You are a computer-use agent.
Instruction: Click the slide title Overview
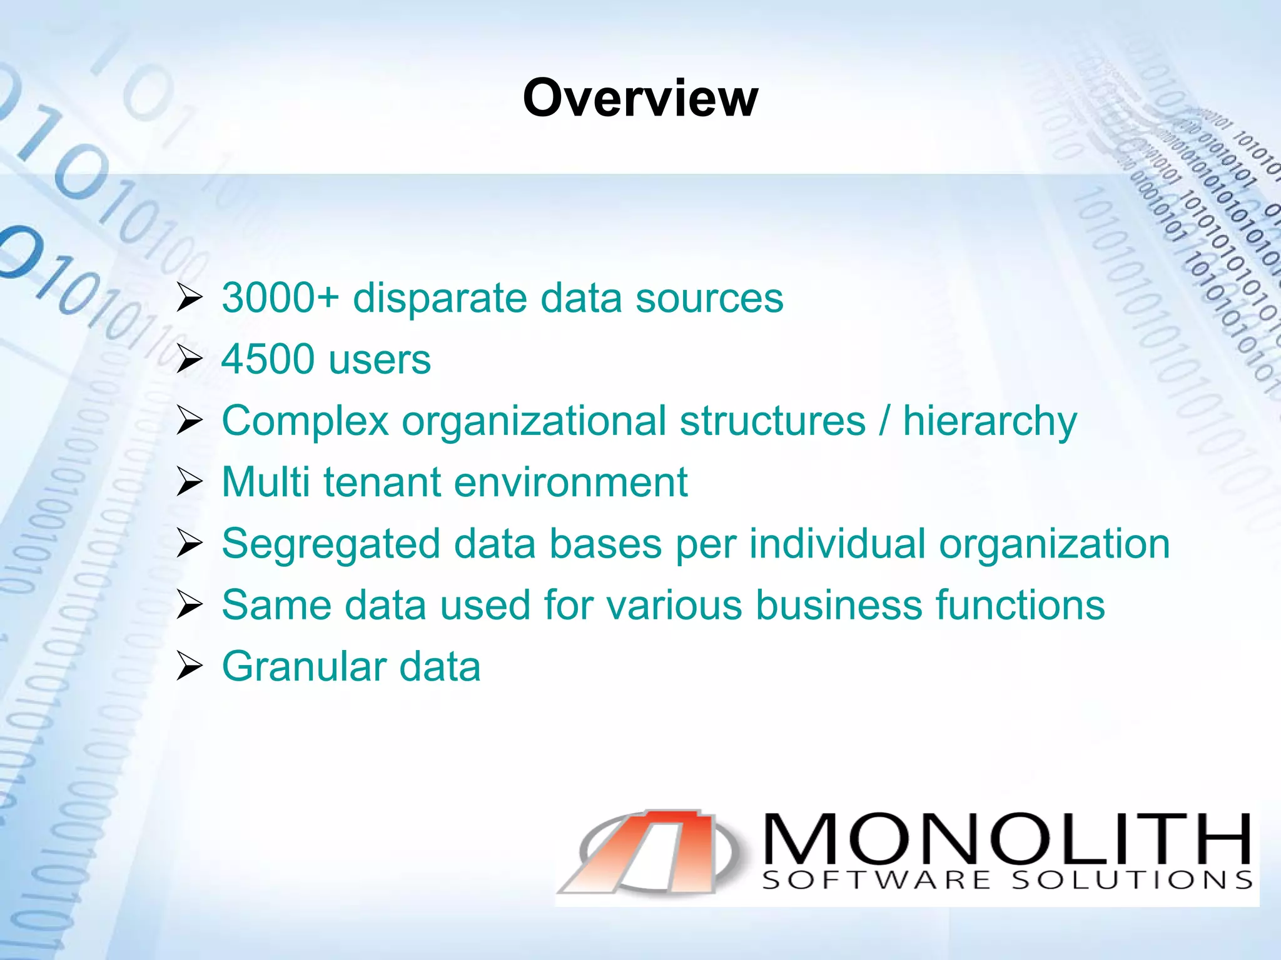click(x=640, y=98)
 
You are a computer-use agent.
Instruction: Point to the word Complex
click(x=305, y=421)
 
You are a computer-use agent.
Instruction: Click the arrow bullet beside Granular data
click(x=190, y=666)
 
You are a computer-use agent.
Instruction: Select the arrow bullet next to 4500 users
click(x=190, y=359)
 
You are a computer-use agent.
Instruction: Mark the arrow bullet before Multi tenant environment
click(x=190, y=482)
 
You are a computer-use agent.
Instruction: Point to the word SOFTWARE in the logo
click(x=876, y=881)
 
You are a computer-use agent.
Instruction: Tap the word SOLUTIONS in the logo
click(x=1132, y=881)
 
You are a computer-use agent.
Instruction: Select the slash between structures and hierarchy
click(x=884, y=421)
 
